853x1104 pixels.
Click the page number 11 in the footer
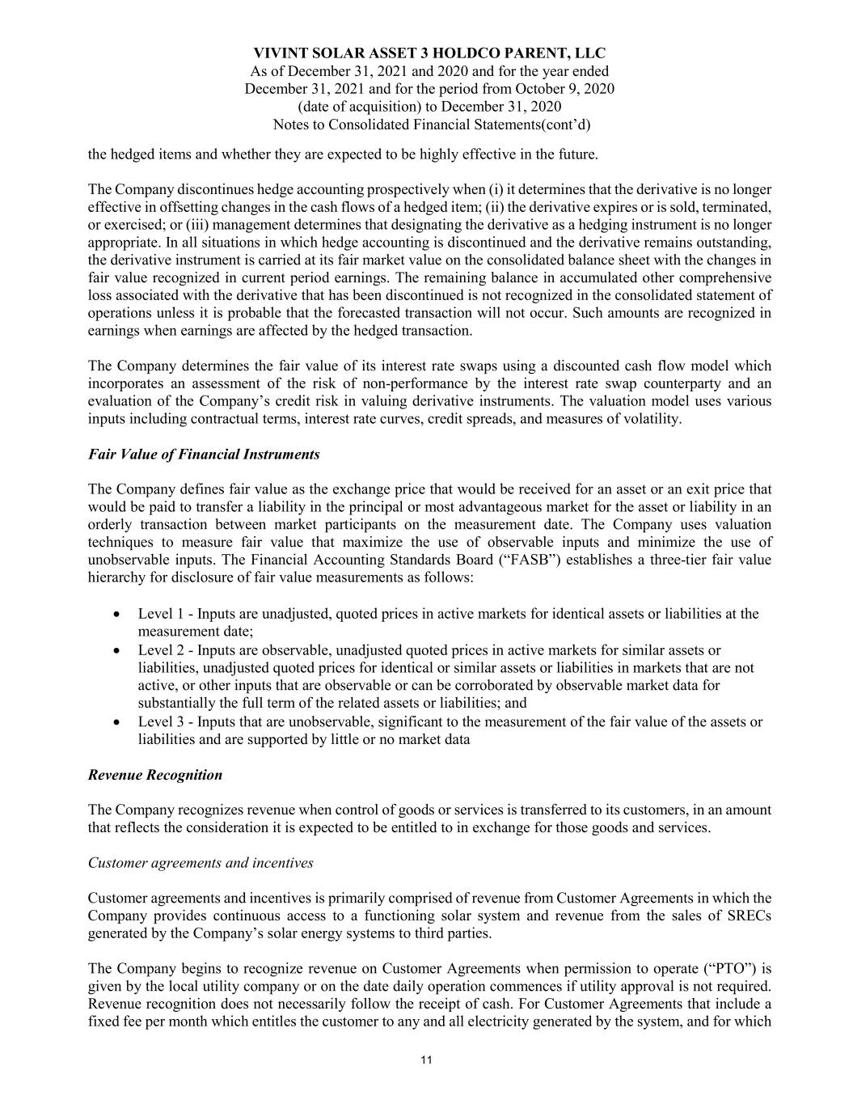point(426,1060)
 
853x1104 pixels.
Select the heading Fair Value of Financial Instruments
point(203,455)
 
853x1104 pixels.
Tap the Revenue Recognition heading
point(154,775)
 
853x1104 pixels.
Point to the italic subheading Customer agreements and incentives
point(200,863)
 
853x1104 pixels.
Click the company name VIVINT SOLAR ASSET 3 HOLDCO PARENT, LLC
point(429,53)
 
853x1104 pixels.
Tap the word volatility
point(652,419)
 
